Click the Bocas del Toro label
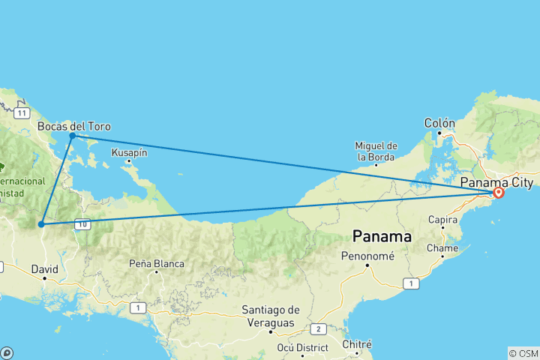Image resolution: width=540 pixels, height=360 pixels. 73,126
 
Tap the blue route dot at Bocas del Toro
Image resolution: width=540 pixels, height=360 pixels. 72,136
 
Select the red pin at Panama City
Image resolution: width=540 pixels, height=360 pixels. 498,193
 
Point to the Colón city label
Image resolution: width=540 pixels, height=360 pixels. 439,122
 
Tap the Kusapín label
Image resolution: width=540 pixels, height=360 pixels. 129,152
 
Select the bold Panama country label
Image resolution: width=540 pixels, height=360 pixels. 382,237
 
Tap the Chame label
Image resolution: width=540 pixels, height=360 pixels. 442,247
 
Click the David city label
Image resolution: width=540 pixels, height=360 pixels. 46,268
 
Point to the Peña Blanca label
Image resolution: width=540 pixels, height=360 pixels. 157,263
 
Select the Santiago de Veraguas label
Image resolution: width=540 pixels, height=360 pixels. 271,315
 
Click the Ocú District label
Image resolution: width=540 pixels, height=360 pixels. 302,347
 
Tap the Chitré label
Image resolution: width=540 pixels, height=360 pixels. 357,344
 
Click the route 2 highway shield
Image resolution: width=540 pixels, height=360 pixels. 318,328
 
